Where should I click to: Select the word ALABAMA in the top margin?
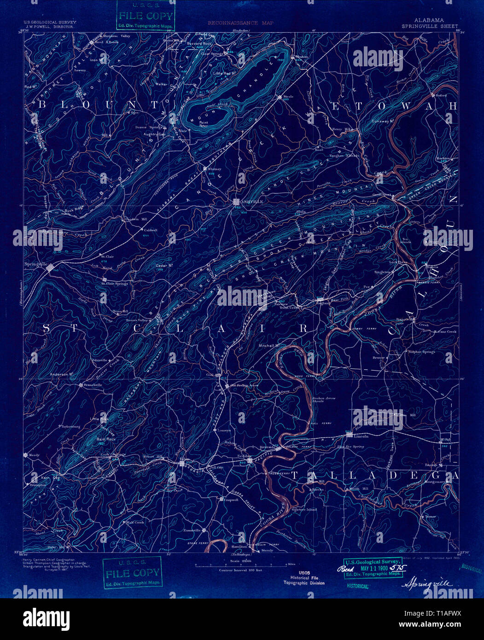[429, 20]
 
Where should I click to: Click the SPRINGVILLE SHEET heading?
[436, 26]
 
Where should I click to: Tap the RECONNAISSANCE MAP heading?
[240, 23]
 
